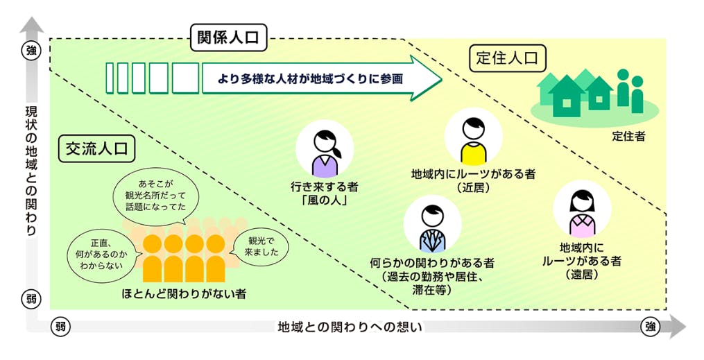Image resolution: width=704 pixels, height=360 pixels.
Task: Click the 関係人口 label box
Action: pyautogui.click(x=228, y=37)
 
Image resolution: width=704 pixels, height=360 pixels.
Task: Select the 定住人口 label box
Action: pyautogui.click(x=508, y=59)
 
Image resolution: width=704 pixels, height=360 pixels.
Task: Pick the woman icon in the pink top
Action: pyautogui.click(x=581, y=210)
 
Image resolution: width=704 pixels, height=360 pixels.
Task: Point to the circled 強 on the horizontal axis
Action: pyautogui.click(x=649, y=327)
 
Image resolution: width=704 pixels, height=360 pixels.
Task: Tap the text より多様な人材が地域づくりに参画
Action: pyautogui.click(x=302, y=79)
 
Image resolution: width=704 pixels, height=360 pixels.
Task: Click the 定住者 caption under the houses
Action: pyautogui.click(x=628, y=136)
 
